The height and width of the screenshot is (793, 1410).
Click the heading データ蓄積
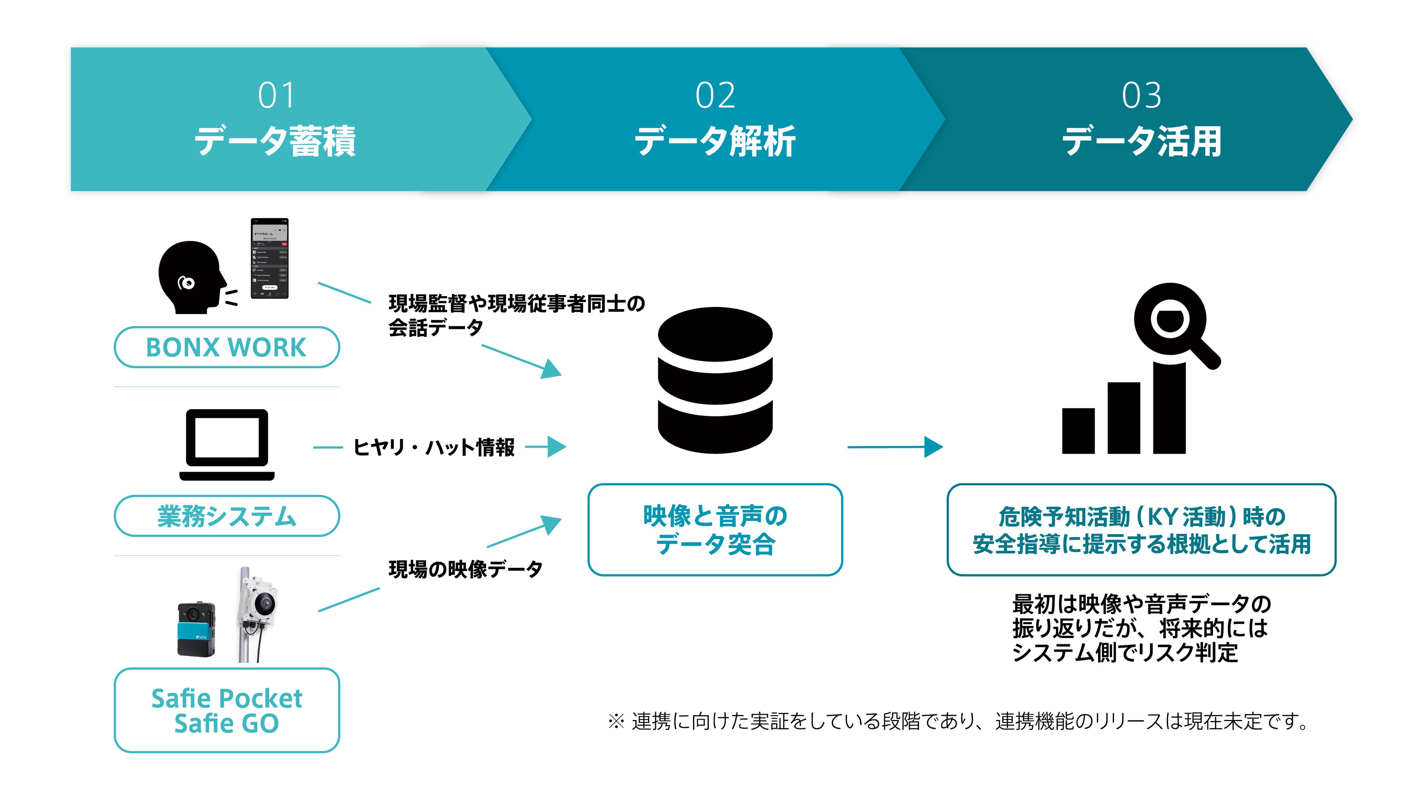click(275, 141)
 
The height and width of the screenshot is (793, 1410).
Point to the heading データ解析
click(715, 141)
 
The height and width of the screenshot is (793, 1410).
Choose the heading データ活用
click(1142, 141)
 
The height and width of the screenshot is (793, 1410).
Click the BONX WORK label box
click(227, 347)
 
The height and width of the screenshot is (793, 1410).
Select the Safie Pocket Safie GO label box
click(227, 710)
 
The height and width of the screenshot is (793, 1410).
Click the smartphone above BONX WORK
click(269, 258)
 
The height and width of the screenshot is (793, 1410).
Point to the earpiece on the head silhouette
click(186, 283)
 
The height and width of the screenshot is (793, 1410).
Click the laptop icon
click(227, 444)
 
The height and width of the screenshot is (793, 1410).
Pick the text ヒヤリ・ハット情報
click(433, 447)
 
